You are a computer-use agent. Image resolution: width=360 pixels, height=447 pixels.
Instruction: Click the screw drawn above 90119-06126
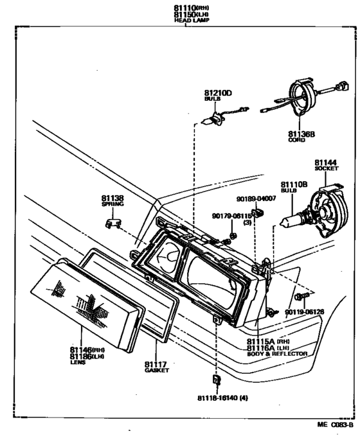(301, 296)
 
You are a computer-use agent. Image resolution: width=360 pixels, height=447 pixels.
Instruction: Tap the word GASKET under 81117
(156, 371)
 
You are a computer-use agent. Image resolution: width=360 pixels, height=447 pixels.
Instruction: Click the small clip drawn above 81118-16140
(217, 380)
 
